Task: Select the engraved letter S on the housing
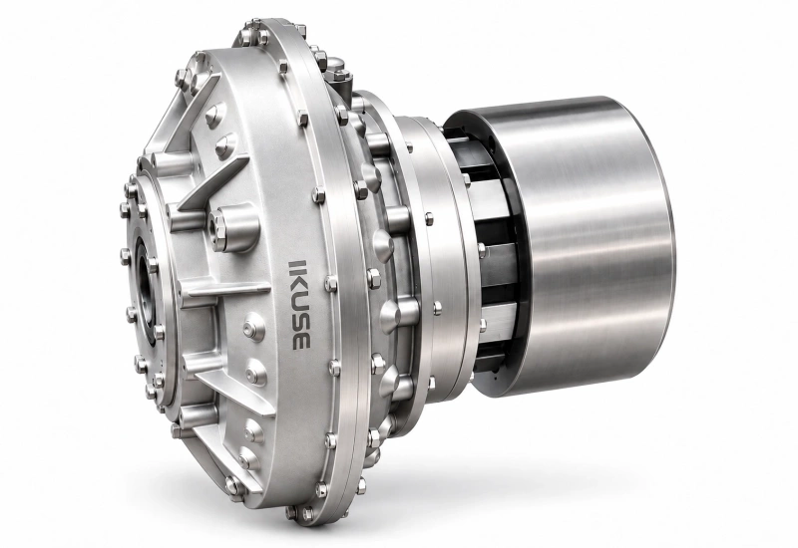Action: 300,322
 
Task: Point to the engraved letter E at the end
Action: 301,340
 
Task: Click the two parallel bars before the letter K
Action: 296,266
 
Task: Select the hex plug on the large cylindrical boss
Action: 217,226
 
